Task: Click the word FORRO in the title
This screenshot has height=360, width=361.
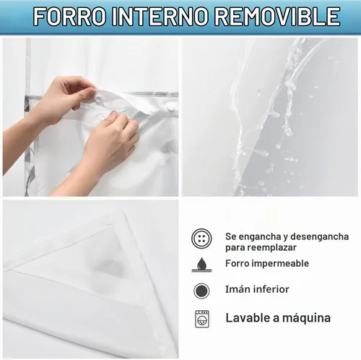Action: pos(70,17)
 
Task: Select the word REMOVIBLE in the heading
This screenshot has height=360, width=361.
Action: pos(277,17)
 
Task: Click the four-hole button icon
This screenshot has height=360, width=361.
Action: pos(201,239)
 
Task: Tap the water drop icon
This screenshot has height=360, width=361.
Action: pos(201,265)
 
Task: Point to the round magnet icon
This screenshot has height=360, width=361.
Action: pos(201,291)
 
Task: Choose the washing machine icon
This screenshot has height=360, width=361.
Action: pos(202,319)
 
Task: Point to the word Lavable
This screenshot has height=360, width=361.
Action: pos(248,317)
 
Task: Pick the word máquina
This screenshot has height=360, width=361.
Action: pos(306,318)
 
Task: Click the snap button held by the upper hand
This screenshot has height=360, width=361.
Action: pos(99,98)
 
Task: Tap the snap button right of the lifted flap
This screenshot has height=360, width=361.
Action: pos(171,108)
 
